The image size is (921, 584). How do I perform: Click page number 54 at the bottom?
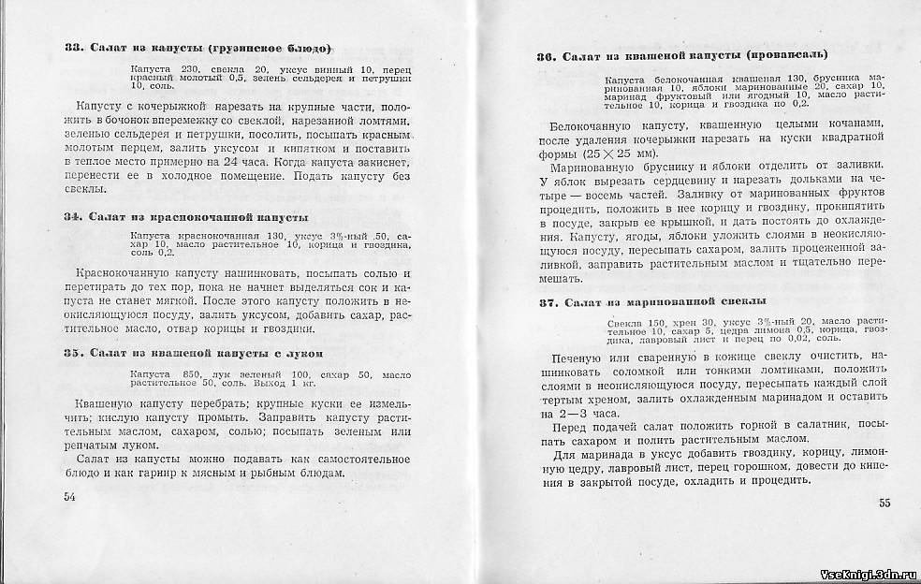(x=69, y=497)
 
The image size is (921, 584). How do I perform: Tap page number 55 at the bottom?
(x=884, y=503)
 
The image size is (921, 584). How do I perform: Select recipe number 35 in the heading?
(x=76, y=353)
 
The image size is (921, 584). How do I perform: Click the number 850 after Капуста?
(x=192, y=373)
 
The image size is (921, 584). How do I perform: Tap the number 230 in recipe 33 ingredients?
(x=183, y=69)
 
